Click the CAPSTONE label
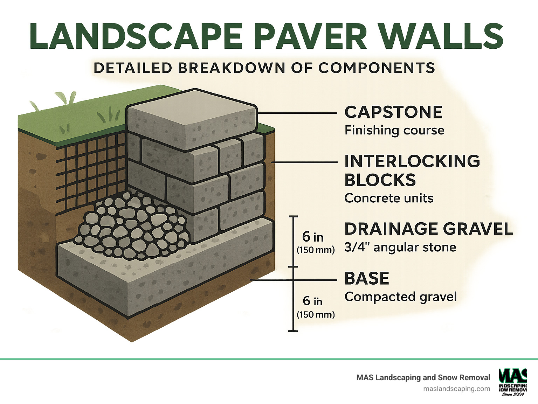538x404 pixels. pos(393,112)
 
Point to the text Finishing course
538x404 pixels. pos(394,130)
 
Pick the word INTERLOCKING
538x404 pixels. pos(412,161)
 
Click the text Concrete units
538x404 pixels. pos(389,198)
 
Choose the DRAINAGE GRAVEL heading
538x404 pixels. pos(429,229)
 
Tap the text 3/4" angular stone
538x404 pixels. pos(400,247)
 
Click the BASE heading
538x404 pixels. pos(367,279)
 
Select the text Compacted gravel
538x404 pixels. pos(400,297)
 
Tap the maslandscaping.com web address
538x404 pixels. pos(456,389)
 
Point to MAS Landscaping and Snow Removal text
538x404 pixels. pos(423,377)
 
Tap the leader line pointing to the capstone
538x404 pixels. pos(298,113)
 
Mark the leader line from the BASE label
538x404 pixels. pos(298,280)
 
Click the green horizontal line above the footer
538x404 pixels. pos(269,359)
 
